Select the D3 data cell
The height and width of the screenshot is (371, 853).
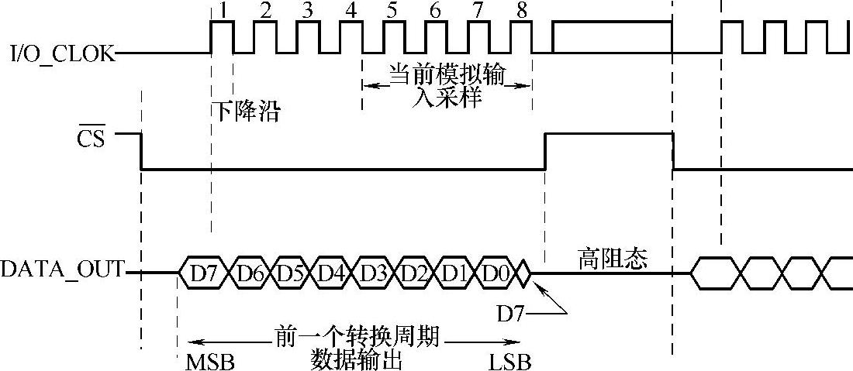tap(373, 273)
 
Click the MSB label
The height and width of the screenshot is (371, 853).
tap(209, 362)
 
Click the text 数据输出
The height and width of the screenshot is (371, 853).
tap(357, 360)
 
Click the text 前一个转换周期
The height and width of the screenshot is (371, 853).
tap(357, 338)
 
